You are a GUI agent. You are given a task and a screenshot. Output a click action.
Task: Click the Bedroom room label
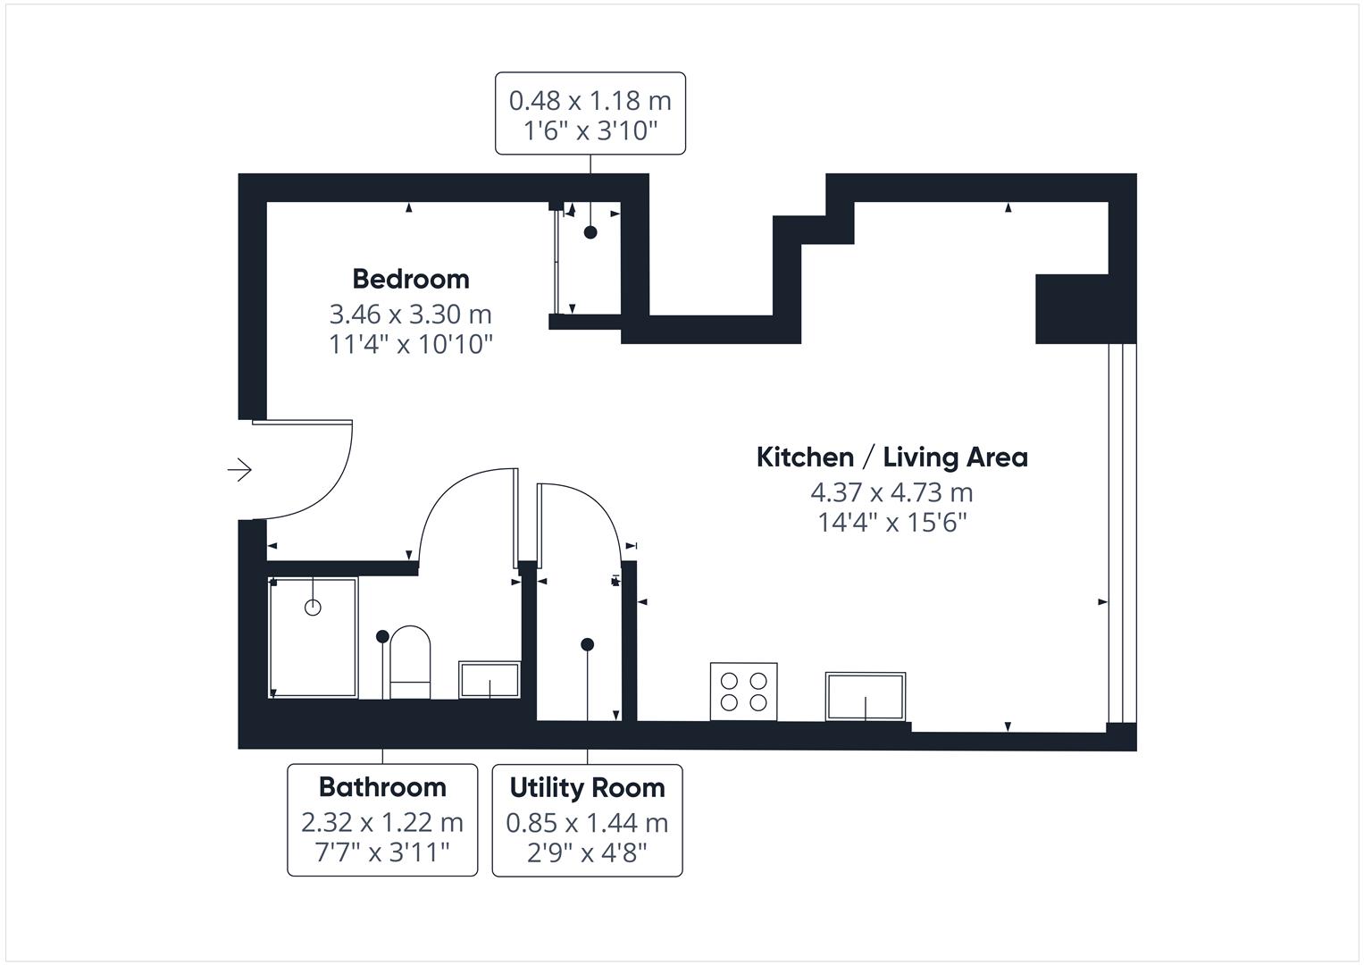(x=411, y=279)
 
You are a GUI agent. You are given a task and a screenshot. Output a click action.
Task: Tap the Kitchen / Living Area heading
(x=891, y=457)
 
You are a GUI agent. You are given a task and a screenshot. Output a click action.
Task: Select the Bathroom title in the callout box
(x=382, y=787)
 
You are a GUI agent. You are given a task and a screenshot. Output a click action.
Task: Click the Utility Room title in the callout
(x=587, y=788)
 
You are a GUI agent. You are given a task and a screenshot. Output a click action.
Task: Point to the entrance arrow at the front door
(x=239, y=470)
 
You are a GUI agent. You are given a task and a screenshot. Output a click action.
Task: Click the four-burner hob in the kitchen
(x=743, y=691)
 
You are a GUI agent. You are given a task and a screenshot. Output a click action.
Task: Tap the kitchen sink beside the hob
(x=865, y=696)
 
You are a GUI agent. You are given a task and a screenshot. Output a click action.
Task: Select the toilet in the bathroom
(x=411, y=662)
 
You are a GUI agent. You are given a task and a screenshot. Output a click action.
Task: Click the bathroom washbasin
(x=489, y=680)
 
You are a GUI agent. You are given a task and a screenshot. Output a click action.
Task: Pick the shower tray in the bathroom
(x=313, y=638)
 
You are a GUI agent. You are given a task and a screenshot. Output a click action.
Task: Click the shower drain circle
(x=313, y=608)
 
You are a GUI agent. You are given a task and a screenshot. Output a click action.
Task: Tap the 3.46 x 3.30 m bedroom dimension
(x=411, y=315)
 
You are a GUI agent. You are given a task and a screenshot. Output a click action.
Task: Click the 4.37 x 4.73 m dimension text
(x=891, y=492)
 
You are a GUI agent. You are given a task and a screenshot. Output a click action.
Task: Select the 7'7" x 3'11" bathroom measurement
(x=382, y=852)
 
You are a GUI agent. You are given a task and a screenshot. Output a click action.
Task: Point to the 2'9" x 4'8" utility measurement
(x=587, y=852)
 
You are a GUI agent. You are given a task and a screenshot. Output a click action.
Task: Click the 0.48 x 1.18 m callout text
(x=590, y=100)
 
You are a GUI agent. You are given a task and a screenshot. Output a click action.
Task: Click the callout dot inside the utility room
(x=587, y=644)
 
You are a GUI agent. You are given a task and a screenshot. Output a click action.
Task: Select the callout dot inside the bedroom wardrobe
(x=590, y=232)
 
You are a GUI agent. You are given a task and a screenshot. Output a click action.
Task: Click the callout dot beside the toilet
(x=382, y=636)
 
